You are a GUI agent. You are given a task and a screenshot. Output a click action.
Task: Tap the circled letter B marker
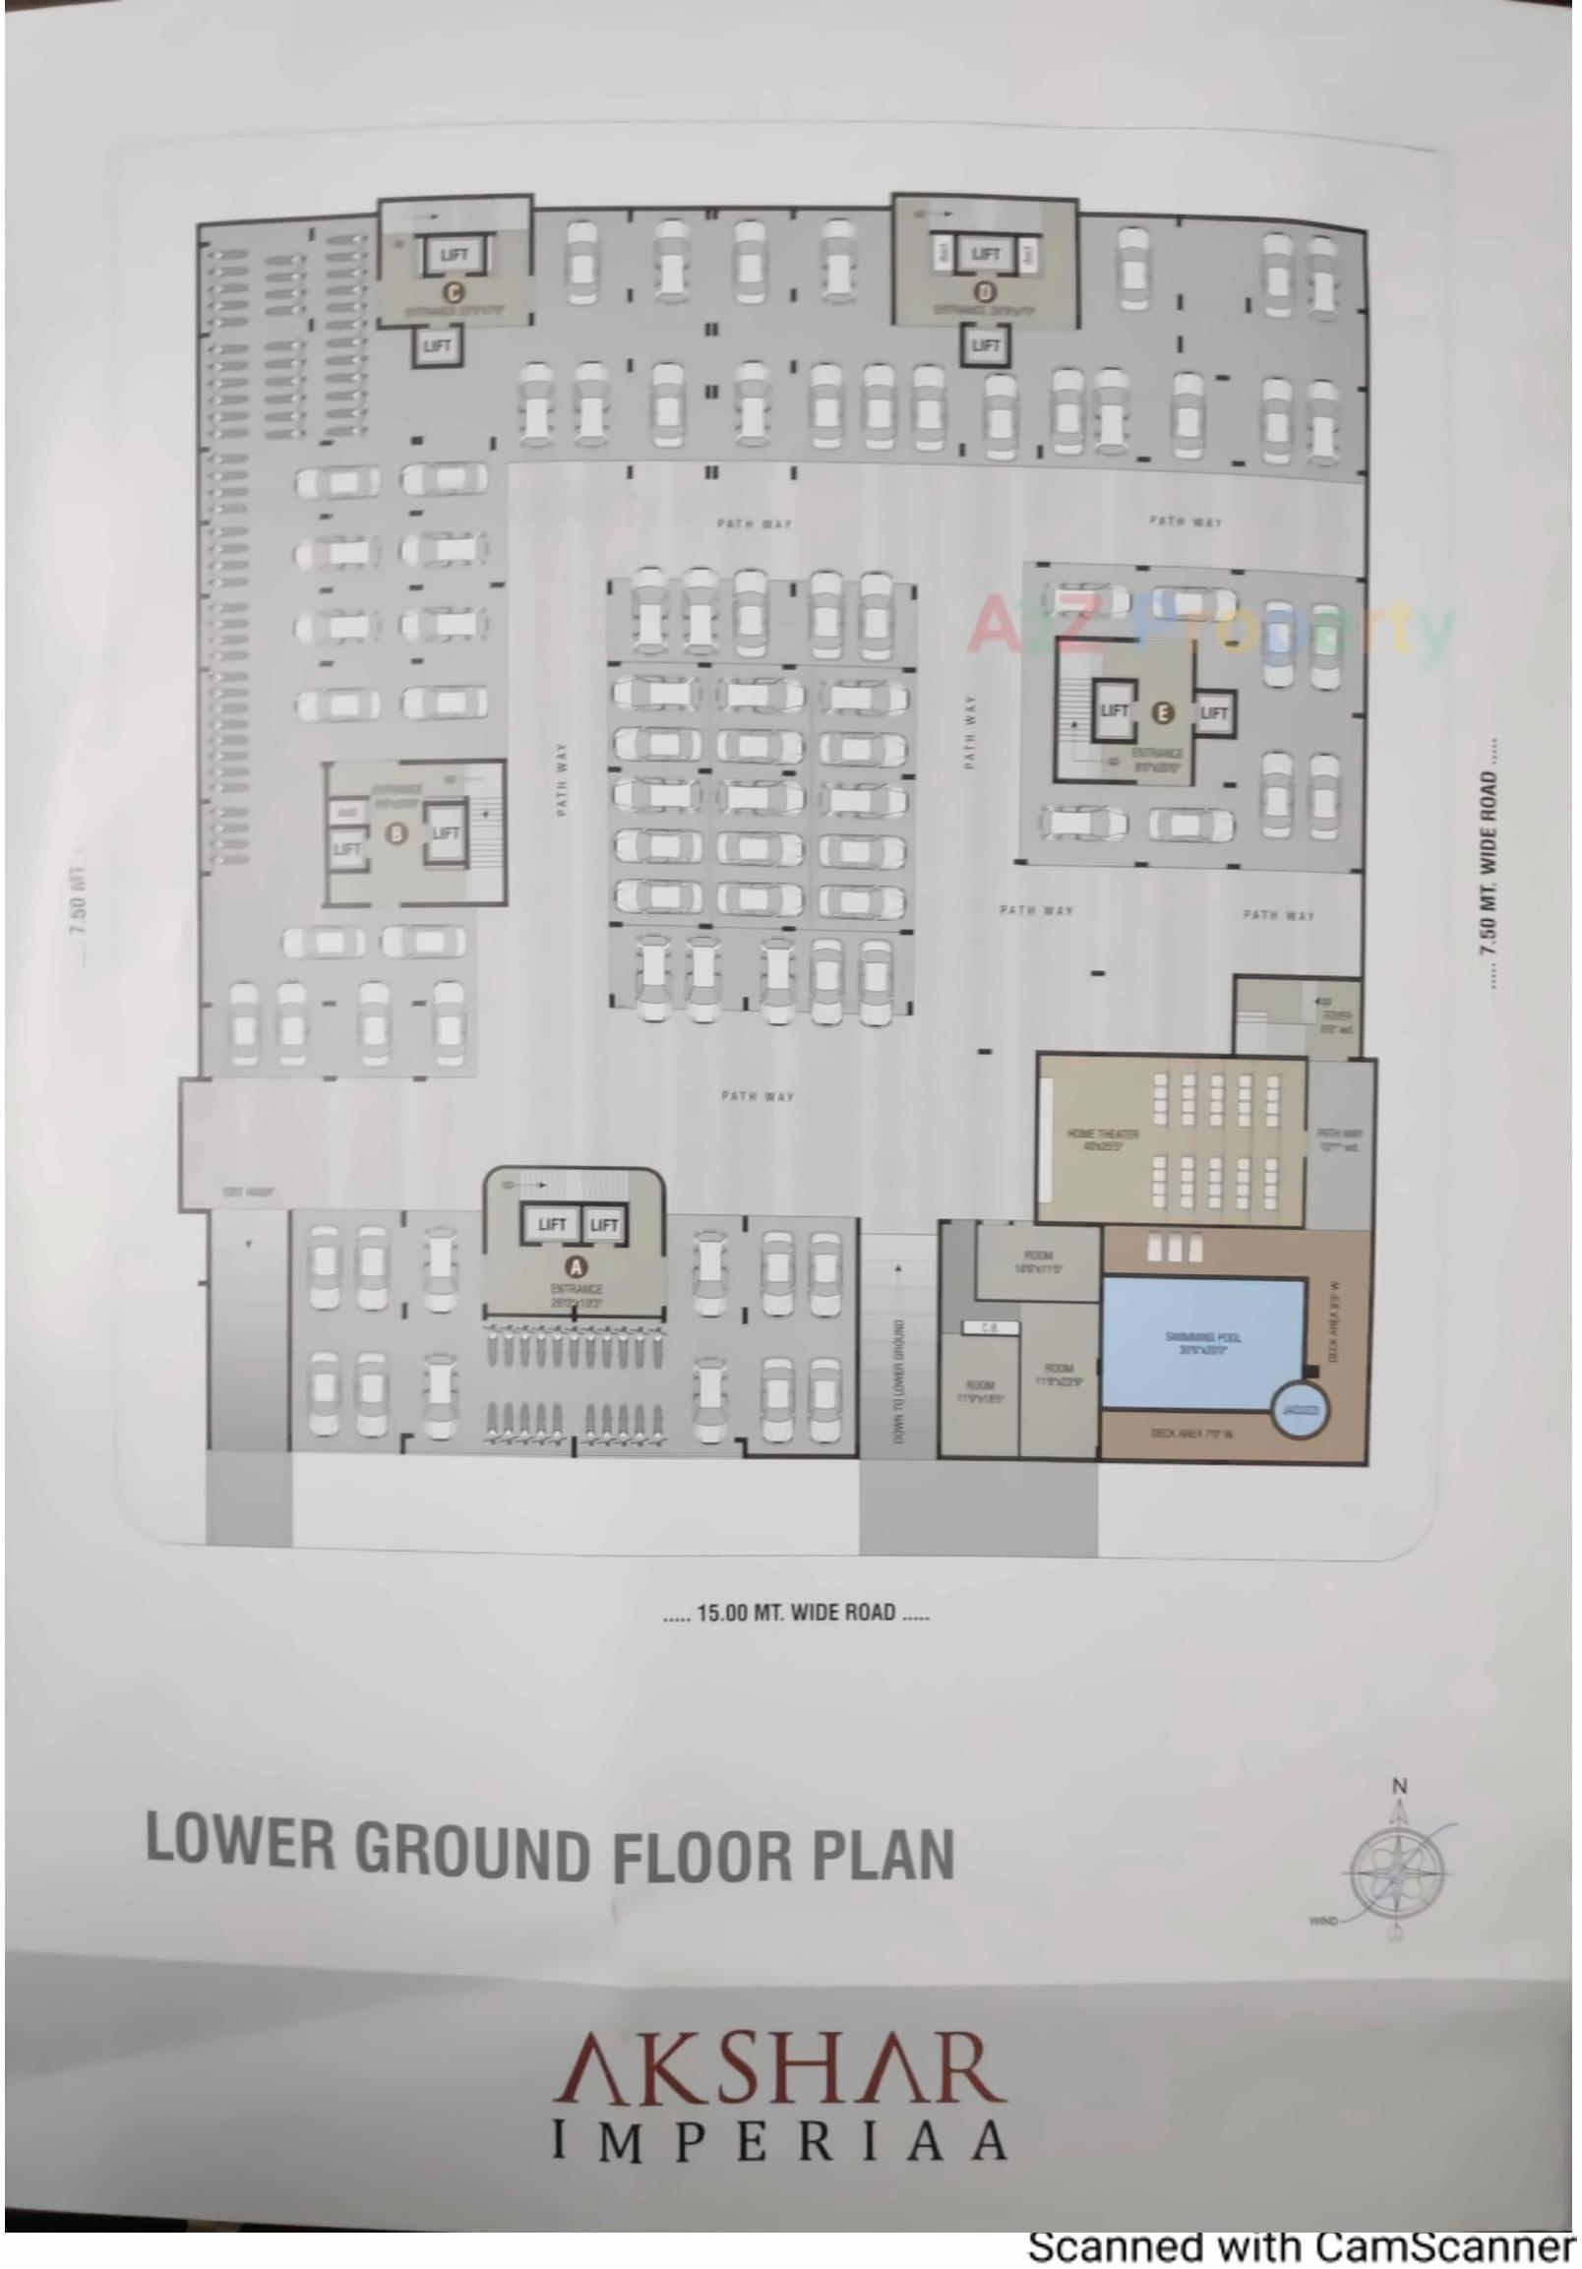point(397,834)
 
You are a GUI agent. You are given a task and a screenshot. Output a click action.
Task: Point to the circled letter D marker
point(985,291)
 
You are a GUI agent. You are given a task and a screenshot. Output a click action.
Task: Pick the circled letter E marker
point(1163,711)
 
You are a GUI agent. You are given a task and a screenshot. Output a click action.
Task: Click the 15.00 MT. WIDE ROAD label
point(796,1613)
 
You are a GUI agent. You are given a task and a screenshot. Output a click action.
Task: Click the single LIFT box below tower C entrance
point(437,346)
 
